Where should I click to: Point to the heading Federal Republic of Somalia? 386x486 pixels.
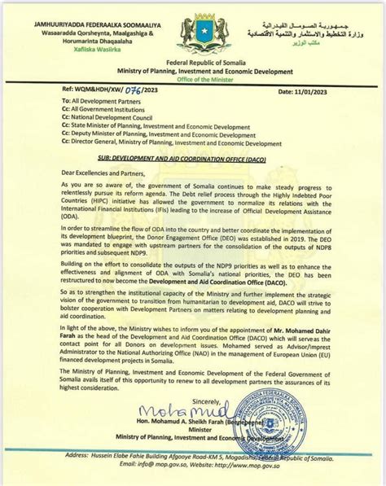pyautogui.click(x=192, y=75)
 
